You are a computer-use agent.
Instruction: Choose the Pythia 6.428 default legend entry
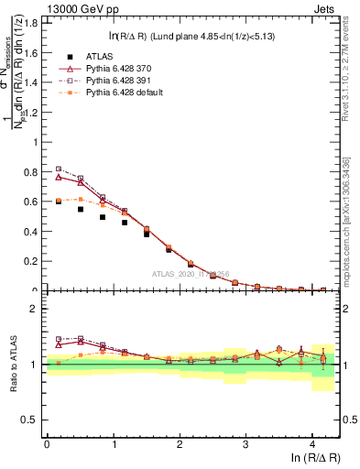[x=118, y=93]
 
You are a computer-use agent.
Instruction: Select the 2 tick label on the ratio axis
[x=38, y=309]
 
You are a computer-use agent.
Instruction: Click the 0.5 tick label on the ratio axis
[x=34, y=420]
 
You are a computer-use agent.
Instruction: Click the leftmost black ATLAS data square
[x=59, y=201]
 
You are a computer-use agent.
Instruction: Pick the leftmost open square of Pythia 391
[x=59, y=169]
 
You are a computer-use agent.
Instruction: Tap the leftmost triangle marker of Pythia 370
[x=59, y=176]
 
